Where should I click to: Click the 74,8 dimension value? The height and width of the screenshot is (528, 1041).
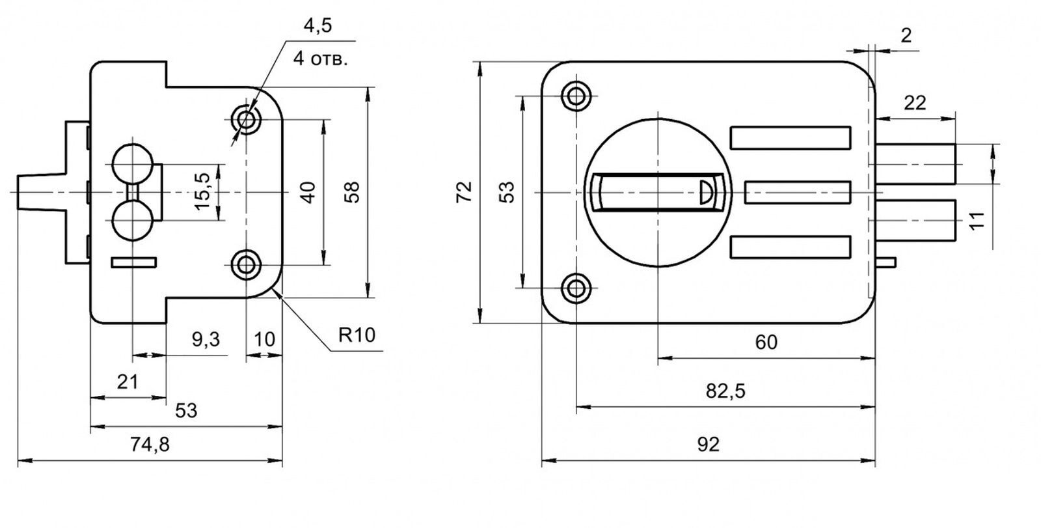[150, 445]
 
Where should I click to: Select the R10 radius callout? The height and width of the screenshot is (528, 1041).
[357, 335]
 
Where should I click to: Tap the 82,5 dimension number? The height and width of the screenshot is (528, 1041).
[725, 391]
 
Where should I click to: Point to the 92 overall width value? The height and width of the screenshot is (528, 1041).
[709, 445]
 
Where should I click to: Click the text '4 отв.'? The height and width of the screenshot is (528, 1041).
[321, 59]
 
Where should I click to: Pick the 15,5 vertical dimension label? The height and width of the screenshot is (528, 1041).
[202, 191]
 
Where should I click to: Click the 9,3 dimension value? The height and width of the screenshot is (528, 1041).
[206, 340]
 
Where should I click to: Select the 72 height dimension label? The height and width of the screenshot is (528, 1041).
[464, 191]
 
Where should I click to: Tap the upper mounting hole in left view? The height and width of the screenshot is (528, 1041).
[246, 120]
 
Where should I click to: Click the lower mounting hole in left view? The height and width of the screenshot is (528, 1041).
[246, 265]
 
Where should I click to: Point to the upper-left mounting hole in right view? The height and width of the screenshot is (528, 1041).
[576, 96]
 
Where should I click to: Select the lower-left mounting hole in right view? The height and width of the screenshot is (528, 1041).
[576, 288]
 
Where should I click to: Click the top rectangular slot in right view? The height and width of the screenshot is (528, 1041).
[791, 138]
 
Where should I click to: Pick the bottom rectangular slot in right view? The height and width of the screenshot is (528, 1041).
[791, 247]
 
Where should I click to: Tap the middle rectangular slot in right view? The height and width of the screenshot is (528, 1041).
[798, 192]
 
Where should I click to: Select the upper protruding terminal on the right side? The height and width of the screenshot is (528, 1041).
[915, 164]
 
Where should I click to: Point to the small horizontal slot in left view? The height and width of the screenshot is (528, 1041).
[134, 262]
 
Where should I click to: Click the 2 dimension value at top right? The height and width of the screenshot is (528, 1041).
[906, 35]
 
